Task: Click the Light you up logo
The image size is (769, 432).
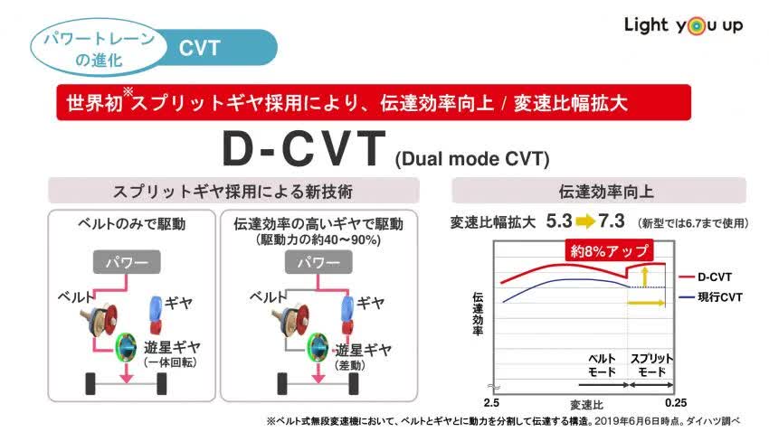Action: [x=683, y=25]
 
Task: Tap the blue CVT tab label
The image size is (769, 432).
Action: [x=200, y=47]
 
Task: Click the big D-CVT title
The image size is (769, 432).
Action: [x=303, y=151]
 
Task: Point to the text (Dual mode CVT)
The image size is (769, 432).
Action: [x=471, y=160]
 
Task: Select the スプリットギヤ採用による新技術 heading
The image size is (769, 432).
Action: [x=233, y=191]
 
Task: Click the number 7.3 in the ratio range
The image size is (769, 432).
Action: [x=612, y=221]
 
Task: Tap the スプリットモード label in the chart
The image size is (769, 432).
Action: [x=650, y=365]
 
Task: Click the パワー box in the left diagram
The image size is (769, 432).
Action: [x=128, y=263]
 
